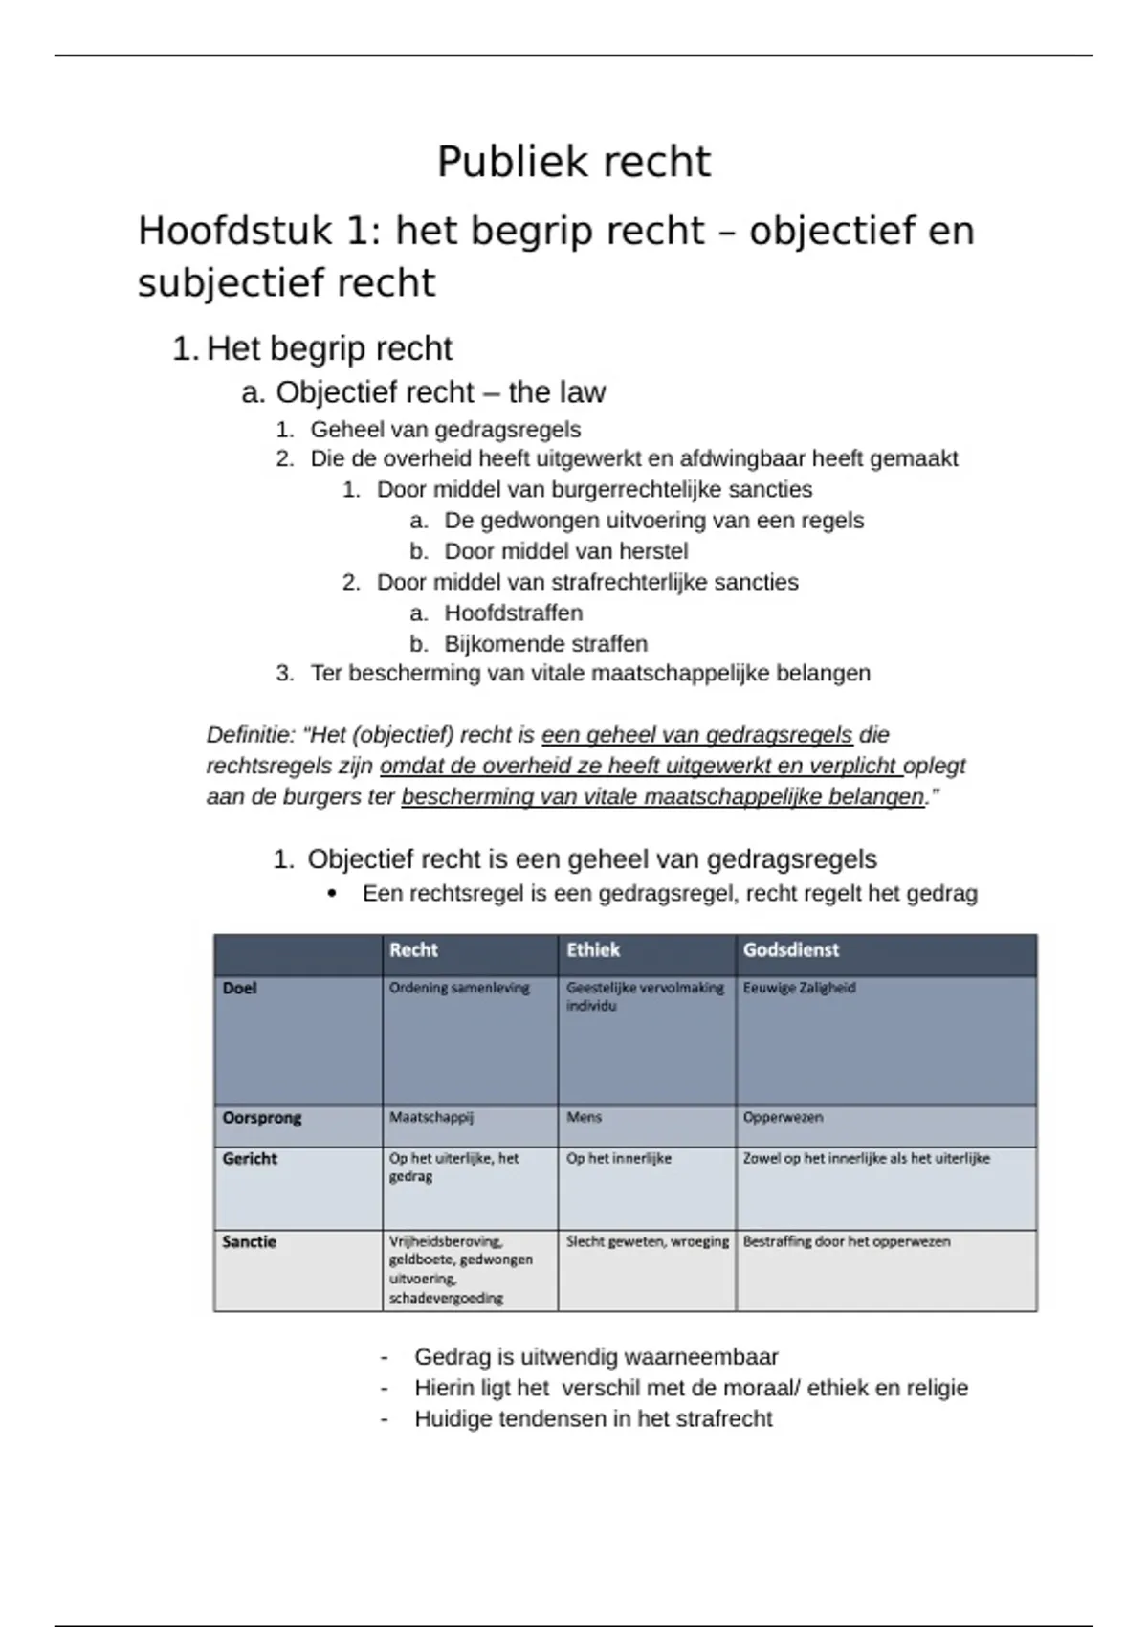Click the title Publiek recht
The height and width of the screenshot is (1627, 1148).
(x=573, y=162)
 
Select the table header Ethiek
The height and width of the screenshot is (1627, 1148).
(x=593, y=950)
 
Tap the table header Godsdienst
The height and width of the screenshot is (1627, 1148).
(x=791, y=950)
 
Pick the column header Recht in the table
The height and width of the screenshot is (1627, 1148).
(x=413, y=950)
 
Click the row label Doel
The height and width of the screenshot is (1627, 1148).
(x=239, y=988)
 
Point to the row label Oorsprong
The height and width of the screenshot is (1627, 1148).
(x=261, y=1118)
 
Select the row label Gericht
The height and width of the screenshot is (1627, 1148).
(x=250, y=1159)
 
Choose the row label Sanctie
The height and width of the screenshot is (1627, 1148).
(x=249, y=1242)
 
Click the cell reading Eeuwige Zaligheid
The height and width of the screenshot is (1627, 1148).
(x=799, y=988)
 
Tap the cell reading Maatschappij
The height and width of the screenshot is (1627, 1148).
(x=430, y=1117)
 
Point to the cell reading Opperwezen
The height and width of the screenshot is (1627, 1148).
(x=783, y=1117)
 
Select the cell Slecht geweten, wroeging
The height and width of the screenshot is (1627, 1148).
(x=647, y=1241)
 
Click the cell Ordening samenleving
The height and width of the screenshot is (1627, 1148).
(x=459, y=988)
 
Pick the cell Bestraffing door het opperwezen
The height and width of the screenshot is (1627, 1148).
(x=847, y=1241)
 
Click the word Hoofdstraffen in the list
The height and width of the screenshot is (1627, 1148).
(x=513, y=613)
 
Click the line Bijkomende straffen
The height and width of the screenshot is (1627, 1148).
(x=545, y=643)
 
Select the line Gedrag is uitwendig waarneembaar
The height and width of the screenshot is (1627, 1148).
(x=596, y=1357)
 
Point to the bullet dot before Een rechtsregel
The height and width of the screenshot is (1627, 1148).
(x=332, y=895)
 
